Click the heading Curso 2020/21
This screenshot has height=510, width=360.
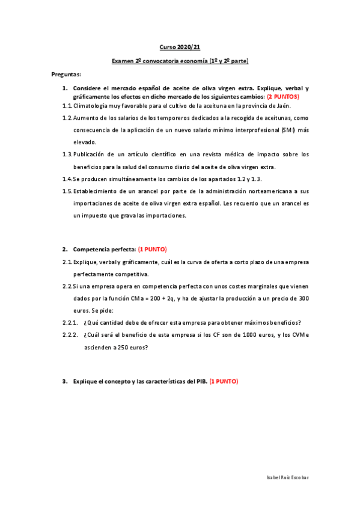tap(180, 46)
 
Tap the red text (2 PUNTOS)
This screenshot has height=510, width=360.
tap(283, 96)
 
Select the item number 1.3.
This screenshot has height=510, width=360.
tap(67, 154)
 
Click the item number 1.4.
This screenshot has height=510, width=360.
tap(67, 179)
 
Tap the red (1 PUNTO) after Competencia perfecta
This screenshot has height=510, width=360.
tap(153, 249)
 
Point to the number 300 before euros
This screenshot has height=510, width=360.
tap(304, 298)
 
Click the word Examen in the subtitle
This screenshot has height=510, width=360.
tap(123, 61)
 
